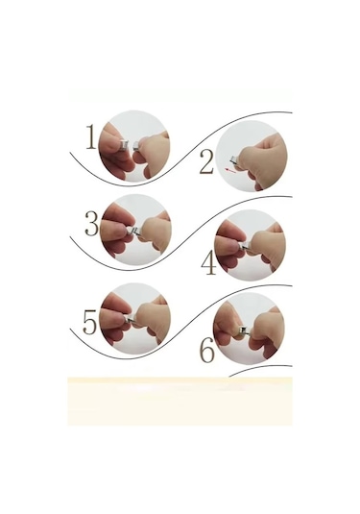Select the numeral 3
[x=92, y=225]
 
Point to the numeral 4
[x=207, y=261]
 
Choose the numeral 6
[x=205, y=352]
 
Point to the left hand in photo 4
[x=228, y=245]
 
